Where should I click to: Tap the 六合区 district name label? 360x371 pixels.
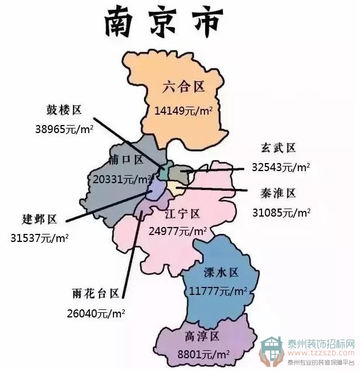pos(184,88)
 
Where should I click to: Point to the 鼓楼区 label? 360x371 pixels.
pos(64,109)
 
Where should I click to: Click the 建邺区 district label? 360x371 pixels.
pos(39,219)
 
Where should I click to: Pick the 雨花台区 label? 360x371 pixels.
pos(95,293)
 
